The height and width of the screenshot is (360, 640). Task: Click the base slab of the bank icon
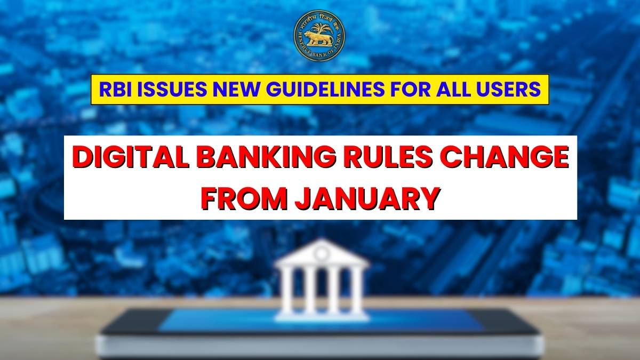coord(322,315)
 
